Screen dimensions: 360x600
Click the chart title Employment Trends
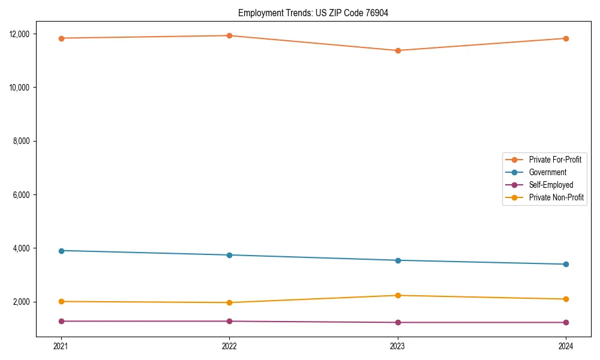point(313,13)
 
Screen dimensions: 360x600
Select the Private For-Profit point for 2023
point(398,50)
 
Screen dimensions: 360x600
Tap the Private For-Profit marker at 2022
point(229,35)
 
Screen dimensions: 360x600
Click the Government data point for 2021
point(61,250)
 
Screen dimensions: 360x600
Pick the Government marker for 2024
point(566,264)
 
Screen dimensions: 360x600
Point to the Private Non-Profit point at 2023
point(398,295)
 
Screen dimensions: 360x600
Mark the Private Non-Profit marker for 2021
point(61,301)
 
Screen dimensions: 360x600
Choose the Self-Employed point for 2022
point(229,321)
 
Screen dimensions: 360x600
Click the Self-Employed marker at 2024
point(566,322)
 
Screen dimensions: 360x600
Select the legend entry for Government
point(547,172)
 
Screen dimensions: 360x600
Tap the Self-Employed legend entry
point(551,185)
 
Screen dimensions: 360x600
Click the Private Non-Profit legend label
point(556,197)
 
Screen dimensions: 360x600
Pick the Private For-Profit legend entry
point(555,160)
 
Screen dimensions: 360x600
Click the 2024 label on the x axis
point(566,346)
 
